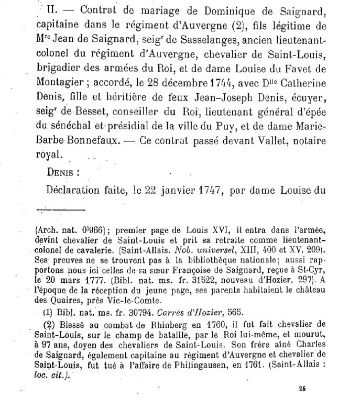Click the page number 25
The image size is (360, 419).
pos(302,388)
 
